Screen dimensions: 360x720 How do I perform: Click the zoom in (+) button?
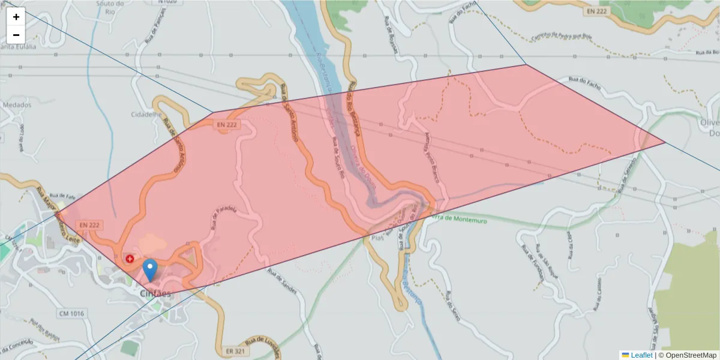(x=16, y=17)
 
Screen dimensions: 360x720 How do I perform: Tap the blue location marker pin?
(x=151, y=270)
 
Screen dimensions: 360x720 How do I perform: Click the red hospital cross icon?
(x=130, y=259)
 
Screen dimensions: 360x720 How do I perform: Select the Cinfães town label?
(x=155, y=294)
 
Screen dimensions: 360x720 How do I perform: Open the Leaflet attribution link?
(x=641, y=355)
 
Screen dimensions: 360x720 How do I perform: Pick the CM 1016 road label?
(x=72, y=313)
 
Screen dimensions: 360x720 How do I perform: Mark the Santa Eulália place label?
(x=18, y=46)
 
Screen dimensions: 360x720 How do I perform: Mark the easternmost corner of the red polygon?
(x=665, y=143)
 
